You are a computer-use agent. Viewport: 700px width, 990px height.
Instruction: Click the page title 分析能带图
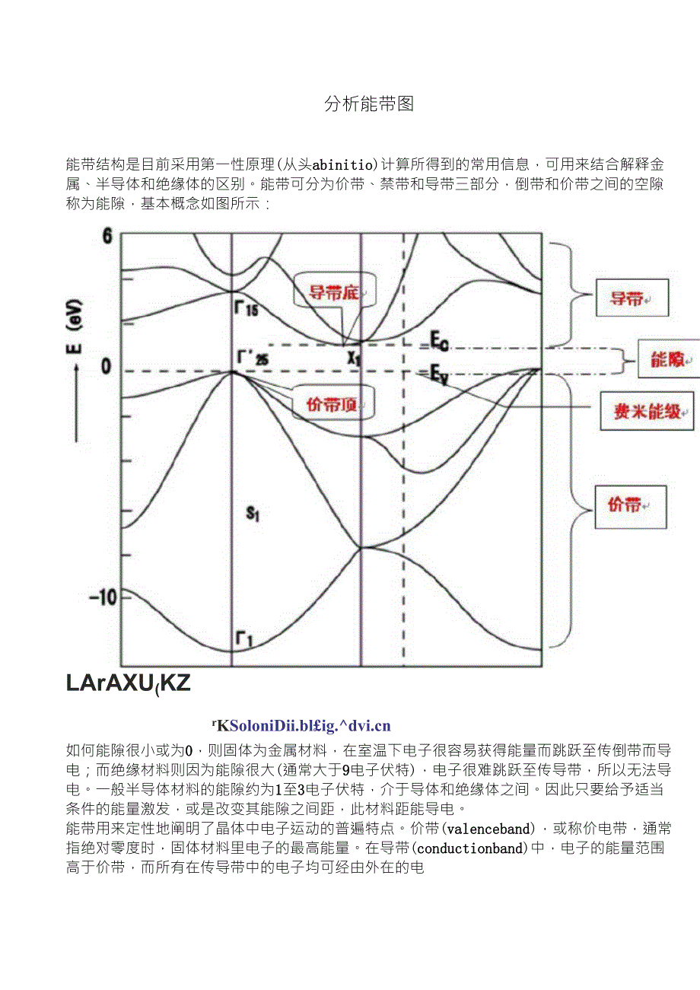(x=369, y=104)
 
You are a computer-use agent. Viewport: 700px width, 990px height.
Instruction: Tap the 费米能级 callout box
(x=647, y=412)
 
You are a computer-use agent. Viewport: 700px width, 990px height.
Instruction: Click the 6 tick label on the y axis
(x=107, y=237)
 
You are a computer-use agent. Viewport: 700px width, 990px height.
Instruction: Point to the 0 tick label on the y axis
(x=106, y=368)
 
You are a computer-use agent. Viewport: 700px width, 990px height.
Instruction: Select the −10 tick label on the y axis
(x=103, y=597)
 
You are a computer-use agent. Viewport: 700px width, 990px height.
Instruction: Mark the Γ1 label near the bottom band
(x=244, y=641)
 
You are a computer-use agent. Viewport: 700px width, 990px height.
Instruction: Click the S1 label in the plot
(x=253, y=514)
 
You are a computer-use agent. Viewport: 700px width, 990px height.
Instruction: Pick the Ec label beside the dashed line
(x=439, y=341)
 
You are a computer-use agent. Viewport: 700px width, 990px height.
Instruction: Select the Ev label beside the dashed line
(x=438, y=374)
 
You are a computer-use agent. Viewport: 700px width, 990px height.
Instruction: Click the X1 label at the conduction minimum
(x=354, y=358)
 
